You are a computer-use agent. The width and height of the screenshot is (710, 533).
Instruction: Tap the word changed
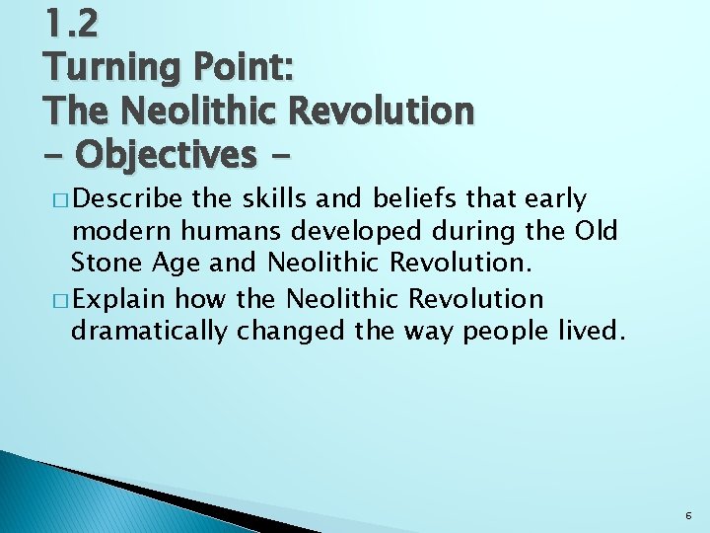click(292, 332)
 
